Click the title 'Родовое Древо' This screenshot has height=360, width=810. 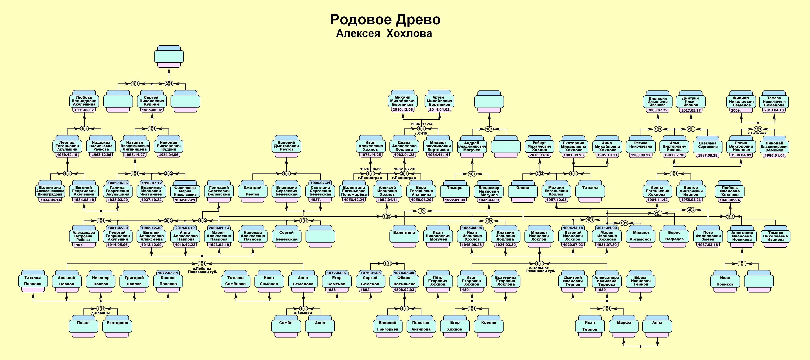coord(385,20)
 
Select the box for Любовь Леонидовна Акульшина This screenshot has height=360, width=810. coord(84,101)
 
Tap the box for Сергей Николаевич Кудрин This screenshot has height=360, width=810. coord(152,101)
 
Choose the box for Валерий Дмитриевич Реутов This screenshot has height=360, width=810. coord(286,146)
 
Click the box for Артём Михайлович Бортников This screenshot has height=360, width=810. coord(439,101)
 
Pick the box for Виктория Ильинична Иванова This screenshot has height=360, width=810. coord(657,101)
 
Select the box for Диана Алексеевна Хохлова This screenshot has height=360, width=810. coord(404,146)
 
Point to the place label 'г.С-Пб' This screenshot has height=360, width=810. coord(421,133)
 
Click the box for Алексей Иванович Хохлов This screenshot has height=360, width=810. coord(387,191)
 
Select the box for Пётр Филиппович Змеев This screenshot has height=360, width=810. coord(708,236)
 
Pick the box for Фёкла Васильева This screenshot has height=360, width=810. coord(404,281)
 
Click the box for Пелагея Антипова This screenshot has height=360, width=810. coord(421,326)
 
